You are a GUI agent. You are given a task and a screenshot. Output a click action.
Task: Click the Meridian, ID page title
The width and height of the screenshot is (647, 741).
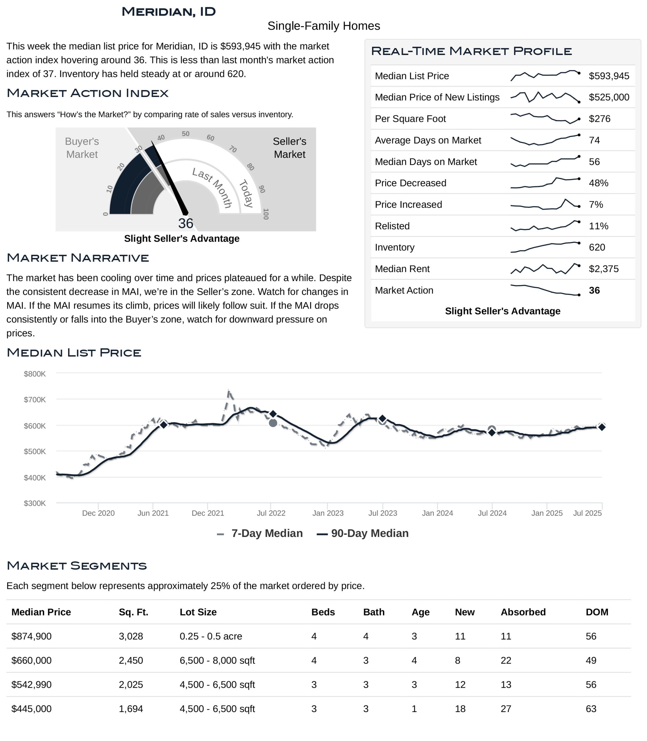169,12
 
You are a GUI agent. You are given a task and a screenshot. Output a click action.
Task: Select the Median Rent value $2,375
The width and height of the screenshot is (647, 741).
604,269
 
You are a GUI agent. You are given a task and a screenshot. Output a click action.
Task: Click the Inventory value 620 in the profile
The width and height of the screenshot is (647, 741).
597,247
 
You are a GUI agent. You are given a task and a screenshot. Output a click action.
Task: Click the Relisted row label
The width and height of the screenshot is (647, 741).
392,226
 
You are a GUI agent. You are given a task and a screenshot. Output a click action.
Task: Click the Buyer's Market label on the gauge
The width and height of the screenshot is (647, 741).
82,148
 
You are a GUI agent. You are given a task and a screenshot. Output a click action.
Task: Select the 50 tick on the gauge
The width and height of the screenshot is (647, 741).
185,134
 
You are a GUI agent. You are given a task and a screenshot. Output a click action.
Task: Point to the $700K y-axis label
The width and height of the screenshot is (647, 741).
35,400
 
